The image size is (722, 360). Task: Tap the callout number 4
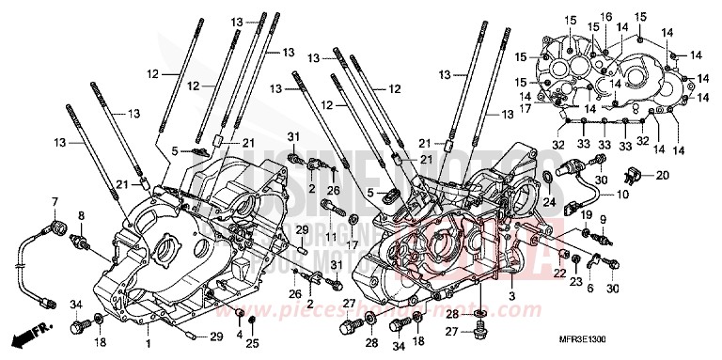[x=239, y=335]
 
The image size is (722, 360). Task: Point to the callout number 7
[x=55, y=202]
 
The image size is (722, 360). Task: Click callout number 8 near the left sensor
[x=81, y=215]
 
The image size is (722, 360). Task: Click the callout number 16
[x=605, y=16]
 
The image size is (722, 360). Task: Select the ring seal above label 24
[x=547, y=178]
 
